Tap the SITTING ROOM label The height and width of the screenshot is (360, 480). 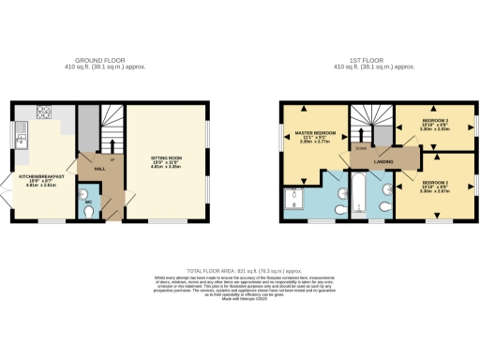165,159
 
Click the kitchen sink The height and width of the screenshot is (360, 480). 19,142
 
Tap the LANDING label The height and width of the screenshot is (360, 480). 383,161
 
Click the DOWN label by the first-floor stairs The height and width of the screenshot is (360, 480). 359,148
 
